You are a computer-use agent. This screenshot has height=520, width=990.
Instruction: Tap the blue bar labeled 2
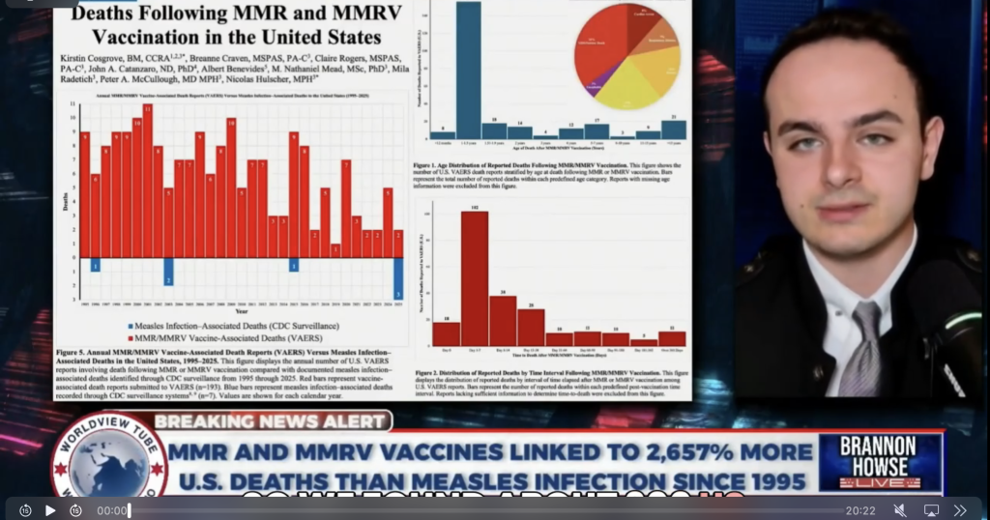(x=168, y=271)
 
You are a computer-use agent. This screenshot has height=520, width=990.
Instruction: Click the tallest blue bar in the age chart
(x=468, y=72)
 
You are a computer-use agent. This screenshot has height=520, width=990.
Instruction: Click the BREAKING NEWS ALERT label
(x=272, y=420)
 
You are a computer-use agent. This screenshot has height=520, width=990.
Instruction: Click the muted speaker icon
(x=899, y=509)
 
